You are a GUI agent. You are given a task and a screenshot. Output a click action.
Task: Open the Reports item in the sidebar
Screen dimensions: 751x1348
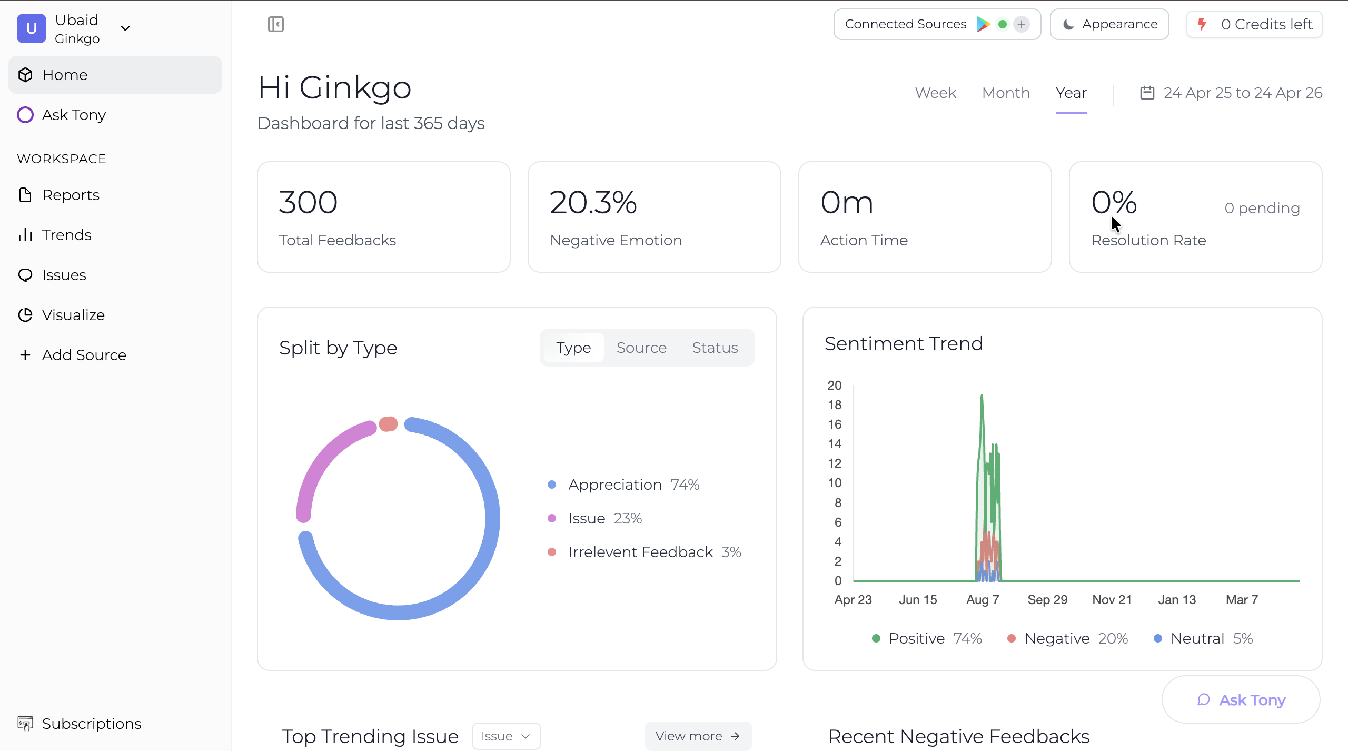pyautogui.click(x=71, y=195)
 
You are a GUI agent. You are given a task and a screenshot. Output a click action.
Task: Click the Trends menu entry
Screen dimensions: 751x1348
pyautogui.click(x=66, y=235)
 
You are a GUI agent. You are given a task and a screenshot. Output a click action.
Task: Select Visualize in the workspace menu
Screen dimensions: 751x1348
pyautogui.click(x=73, y=315)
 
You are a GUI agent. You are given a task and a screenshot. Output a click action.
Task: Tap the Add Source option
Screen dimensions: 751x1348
pyautogui.click(x=84, y=355)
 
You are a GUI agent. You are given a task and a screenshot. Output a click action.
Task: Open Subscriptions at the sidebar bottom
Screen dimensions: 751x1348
pyautogui.click(x=91, y=724)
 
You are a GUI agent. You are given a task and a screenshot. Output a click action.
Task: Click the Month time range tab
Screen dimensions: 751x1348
pyautogui.click(x=1006, y=93)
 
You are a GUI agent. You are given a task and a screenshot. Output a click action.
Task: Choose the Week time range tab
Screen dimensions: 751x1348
pyautogui.click(x=935, y=93)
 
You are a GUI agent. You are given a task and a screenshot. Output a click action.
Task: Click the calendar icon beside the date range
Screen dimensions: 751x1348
pyautogui.click(x=1147, y=93)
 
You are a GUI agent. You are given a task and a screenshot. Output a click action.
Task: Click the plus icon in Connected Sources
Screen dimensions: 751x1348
pyautogui.click(x=1021, y=24)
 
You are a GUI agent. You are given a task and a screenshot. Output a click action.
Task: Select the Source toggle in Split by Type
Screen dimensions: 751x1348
pyautogui.click(x=641, y=348)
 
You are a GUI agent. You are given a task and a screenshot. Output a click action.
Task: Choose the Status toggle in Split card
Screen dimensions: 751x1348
pyautogui.click(x=715, y=348)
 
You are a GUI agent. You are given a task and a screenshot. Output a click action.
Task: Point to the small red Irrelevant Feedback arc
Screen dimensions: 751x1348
pyautogui.click(x=388, y=424)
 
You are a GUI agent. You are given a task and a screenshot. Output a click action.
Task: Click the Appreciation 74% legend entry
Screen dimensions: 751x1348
pyautogui.click(x=623, y=485)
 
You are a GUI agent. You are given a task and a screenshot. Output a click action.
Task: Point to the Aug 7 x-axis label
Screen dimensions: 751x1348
pyautogui.click(x=983, y=599)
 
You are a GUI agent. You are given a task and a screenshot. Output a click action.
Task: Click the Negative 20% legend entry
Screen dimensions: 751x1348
pyautogui.click(x=1068, y=638)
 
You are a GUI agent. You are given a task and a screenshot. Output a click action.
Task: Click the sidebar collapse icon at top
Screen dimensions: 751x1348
pyautogui.click(x=276, y=24)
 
